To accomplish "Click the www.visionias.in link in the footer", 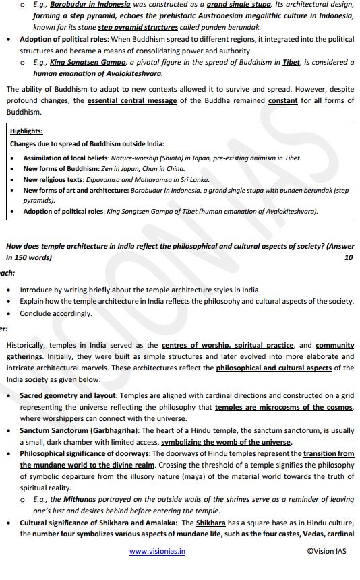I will (157, 551).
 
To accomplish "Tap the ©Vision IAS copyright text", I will (326, 551).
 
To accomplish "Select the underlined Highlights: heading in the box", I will (26, 131).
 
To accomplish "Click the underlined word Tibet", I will (291, 62).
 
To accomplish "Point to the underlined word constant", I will (282, 100).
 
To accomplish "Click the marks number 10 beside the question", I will (349, 257).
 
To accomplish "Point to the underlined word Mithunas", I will (80, 499).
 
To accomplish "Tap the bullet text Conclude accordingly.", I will (56, 313).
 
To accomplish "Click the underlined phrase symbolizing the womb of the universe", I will (227, 442).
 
